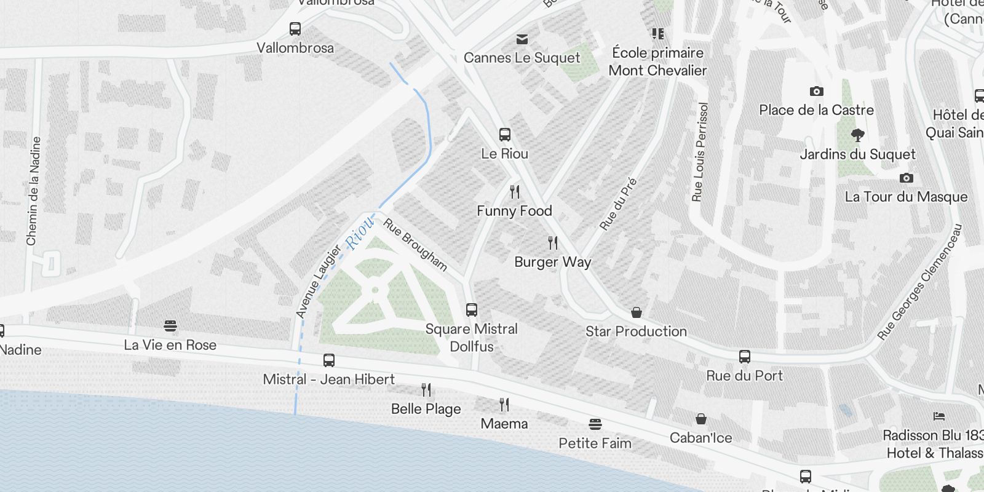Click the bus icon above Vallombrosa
[295, 29]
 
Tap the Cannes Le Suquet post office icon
[522, 39]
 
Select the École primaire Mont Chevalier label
[657, 61]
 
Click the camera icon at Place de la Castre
[816, 92]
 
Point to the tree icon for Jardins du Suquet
[857, 135]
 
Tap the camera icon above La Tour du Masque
[906, 178]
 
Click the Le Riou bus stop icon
[505, 135]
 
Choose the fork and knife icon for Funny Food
[515, 192]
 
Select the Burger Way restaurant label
[552, 262]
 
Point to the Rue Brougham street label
[415, 244]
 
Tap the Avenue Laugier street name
[318, 282]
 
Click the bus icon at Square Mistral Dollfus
[472, 310]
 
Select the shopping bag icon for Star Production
[637, 312]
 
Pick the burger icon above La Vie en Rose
[170, 326]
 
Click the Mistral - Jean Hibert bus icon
[329, 360]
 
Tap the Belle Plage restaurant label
[426, 409]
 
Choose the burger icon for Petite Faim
[595, 424]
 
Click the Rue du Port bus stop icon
[744, 357]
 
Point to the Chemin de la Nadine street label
[33, 191]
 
